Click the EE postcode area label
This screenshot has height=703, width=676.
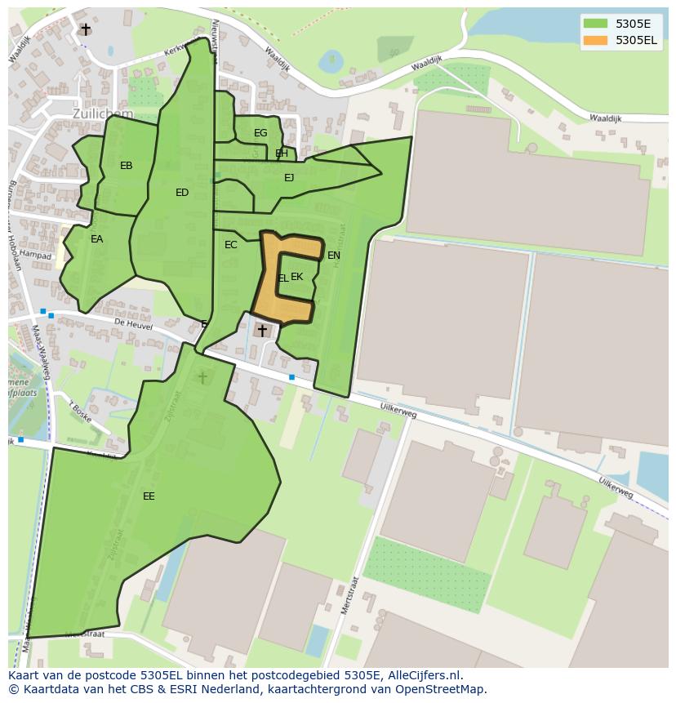149,496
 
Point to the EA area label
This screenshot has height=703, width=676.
97,239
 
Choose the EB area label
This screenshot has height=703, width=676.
127,166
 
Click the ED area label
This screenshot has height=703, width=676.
182,193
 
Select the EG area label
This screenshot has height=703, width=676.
260,133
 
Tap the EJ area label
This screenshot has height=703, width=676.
289,177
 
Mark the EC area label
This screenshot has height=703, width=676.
231,245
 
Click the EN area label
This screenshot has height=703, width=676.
334,256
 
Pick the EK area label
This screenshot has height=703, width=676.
297,277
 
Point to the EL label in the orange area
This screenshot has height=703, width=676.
282,278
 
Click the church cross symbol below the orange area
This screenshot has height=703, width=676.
262,330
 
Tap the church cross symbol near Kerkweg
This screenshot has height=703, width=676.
86,29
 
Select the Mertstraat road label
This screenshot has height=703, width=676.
350,597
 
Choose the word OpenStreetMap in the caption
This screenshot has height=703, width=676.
440,689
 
